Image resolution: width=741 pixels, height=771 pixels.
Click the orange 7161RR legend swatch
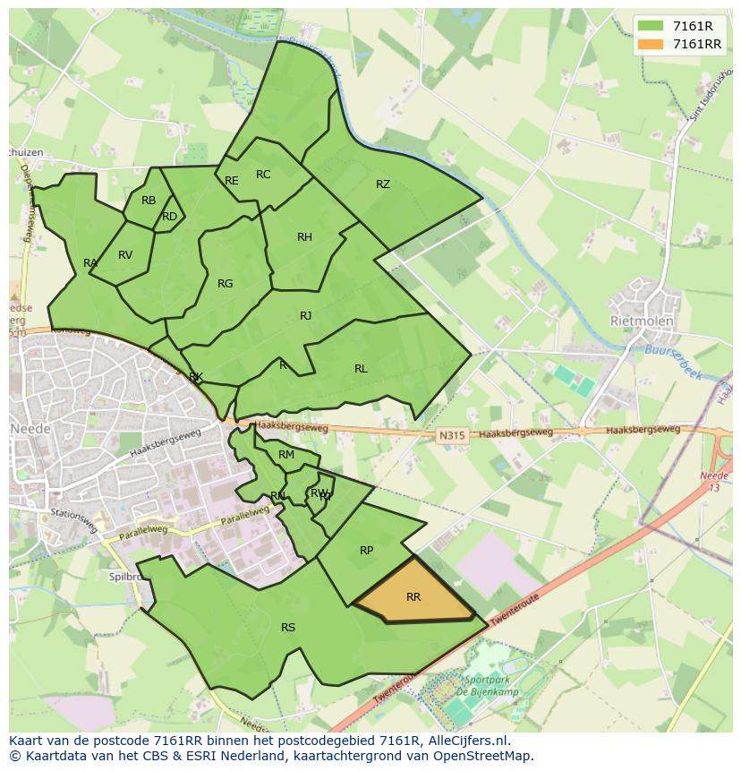click(652, 44)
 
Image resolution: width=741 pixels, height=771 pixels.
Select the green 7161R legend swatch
click(652, 25)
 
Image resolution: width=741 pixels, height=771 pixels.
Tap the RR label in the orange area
click(413, 597)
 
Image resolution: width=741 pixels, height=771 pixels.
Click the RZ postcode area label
click(383, 184)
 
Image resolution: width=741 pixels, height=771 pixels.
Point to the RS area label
click(288, 628)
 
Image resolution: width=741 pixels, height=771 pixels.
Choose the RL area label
click(361, 369)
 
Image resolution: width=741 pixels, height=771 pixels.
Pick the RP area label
click(366, 551)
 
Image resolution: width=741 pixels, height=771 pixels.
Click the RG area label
click(225, 284)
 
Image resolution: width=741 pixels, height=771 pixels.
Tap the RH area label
click(304, 237)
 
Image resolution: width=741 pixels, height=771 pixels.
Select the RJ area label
click(306, 316)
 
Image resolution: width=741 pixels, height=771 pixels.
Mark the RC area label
click(263, 175)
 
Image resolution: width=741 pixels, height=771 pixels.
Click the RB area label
click(149, 201)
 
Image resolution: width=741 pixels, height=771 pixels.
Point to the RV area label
click(125, 255)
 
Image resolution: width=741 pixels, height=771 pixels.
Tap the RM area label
click(286, 455)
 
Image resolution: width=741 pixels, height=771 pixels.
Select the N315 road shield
click(451, 436)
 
